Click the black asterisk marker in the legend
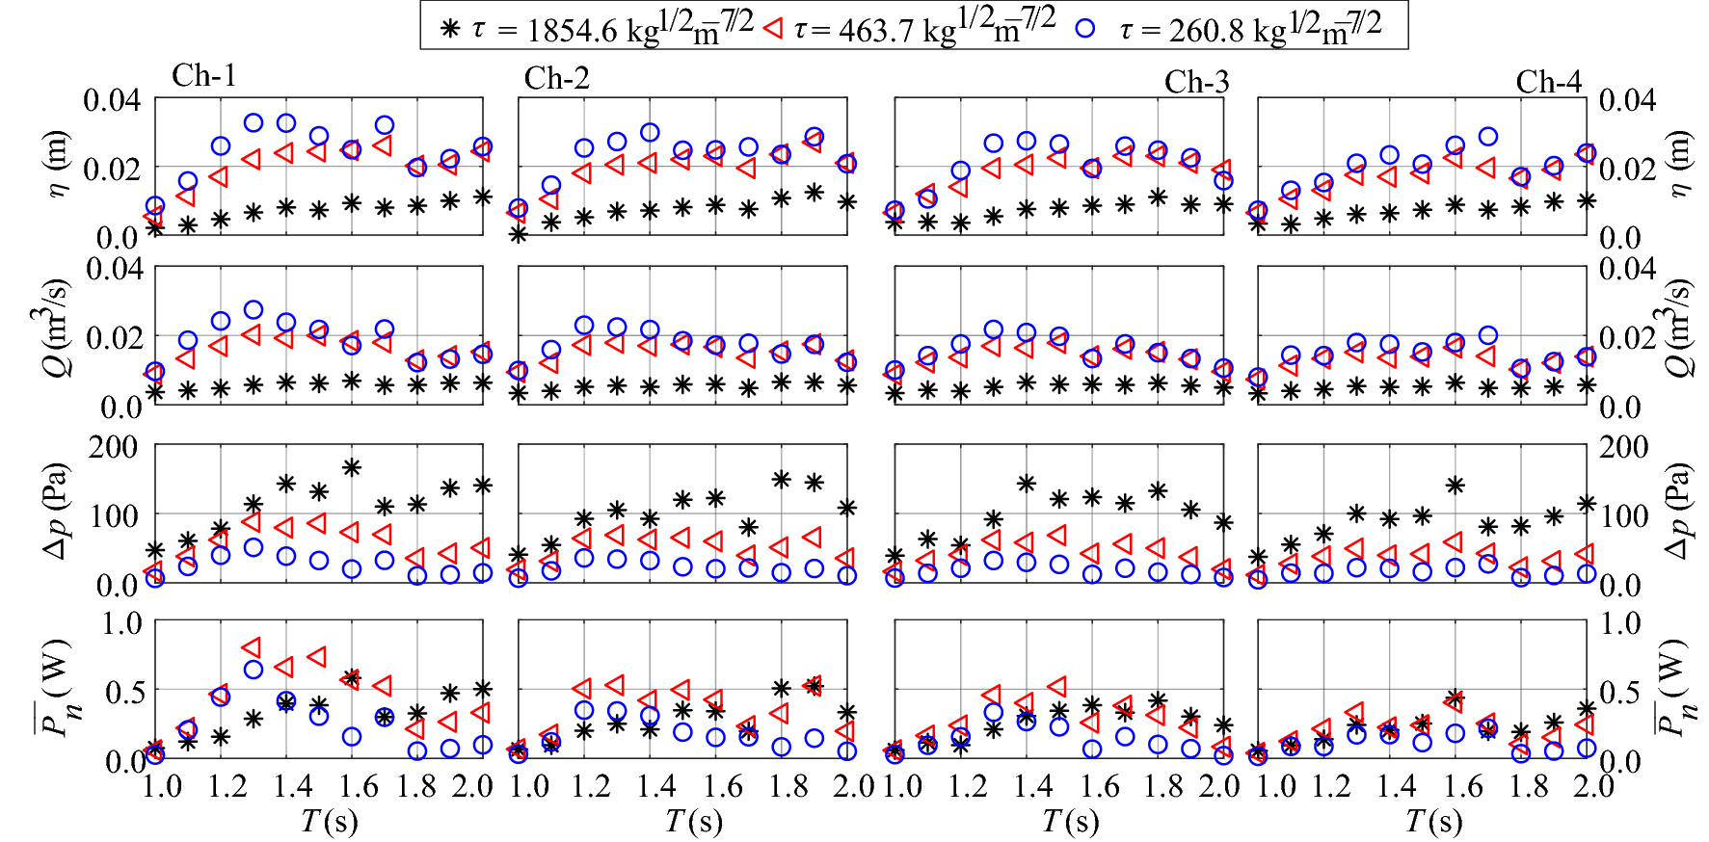tap(449, 29)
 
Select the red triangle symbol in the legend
tap(772, 29)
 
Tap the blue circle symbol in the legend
tap(1085, 28)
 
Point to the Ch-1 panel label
tap(203, 76)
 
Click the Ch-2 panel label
tap(556, 78)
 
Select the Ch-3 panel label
tap(1196, 82)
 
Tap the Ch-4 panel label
tap(1548, 82)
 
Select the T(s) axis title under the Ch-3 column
tap(1070, 821)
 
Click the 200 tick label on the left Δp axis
tap(114, 447)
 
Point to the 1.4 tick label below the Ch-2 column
tap(656, 786)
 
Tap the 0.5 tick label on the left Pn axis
tap(123, 691)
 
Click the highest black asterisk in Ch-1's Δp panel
tap(352, 468)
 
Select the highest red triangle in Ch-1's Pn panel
tap(252, 646)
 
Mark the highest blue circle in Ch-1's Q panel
tap(254, 310)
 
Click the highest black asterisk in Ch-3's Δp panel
tap(1026, 484)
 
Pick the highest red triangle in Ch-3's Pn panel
tap(1058, 686)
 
